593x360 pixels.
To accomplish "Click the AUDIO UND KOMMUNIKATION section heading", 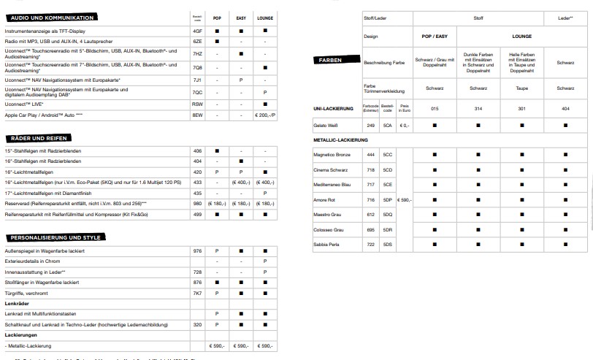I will point(52,17).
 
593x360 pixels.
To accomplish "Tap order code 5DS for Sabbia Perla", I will point(388,243).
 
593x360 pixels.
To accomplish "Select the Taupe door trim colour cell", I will point(521,88).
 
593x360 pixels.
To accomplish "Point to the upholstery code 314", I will point(478,109).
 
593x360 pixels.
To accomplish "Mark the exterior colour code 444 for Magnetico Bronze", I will point(370,155).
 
